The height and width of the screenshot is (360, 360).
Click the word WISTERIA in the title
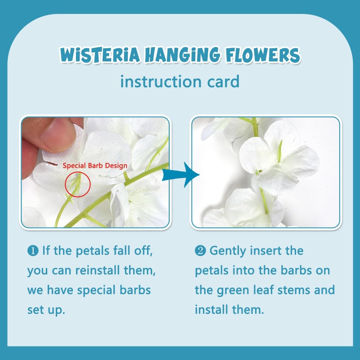pos(100,55)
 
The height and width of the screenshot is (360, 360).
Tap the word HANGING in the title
pos(183,55)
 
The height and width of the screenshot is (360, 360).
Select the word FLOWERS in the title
pos(263,55)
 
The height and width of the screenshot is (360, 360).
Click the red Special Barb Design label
pos(95,166)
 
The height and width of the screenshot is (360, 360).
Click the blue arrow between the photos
pos(181,175)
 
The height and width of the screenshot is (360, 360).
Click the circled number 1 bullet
pos(33,251)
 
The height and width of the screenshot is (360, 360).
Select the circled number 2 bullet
pos(200,251)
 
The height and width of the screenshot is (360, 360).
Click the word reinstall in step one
pos(98,270)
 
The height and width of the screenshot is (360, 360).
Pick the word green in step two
pos(233,290)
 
